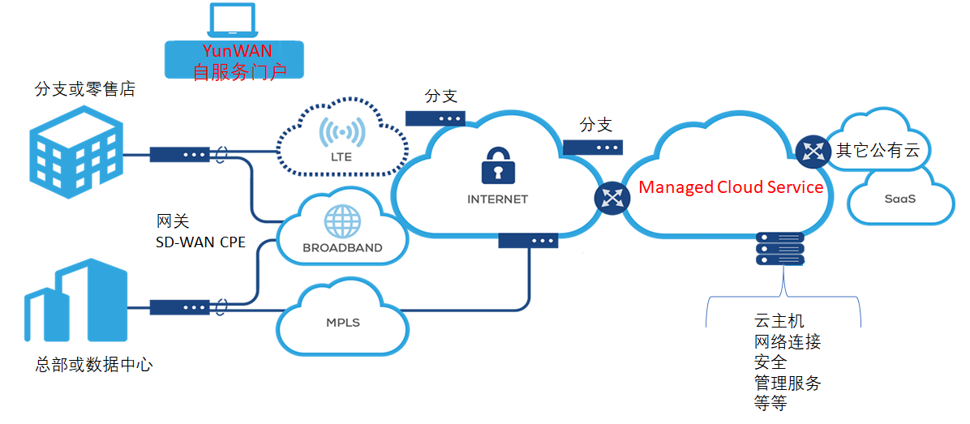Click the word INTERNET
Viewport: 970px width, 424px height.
[497, 199]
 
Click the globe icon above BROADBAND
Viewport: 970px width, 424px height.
[341, 221]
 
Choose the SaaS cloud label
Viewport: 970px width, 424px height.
[899, 198]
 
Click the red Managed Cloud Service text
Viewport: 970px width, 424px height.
[731, 187]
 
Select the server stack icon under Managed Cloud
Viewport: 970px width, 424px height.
[779, 250]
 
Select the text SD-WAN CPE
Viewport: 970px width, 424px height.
[201, 242]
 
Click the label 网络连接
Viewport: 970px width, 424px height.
[788, 342]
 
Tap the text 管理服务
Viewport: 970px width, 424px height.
[788, 383]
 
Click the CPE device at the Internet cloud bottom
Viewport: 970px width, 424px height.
[528, 241]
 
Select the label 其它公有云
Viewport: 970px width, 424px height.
[882, 150]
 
